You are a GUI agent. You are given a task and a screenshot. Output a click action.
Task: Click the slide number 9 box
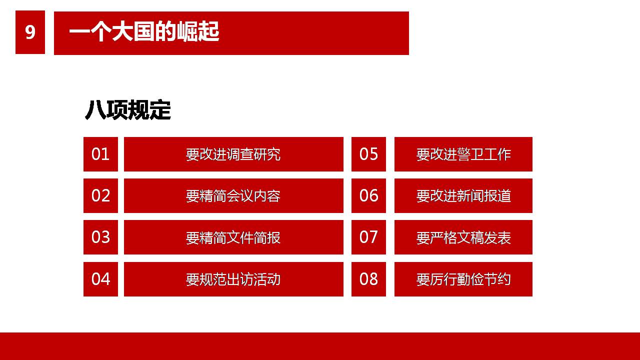pos(30,32)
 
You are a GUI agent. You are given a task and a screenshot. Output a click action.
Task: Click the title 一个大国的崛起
pos(144,31)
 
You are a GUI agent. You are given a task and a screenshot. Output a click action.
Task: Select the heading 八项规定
pos(127,109)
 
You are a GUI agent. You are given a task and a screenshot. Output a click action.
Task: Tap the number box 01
pos(100,154)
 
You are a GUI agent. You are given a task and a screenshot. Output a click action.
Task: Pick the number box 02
pos(100,195)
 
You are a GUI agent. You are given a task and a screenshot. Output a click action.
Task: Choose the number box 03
pos(100,237)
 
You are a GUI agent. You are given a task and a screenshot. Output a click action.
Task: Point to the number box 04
pos(100,279)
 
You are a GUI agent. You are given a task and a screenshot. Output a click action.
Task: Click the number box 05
pos(368,154)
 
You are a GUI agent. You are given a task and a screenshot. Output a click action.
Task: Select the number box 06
pos(368,195)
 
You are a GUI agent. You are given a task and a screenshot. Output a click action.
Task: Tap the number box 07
pos(368,237)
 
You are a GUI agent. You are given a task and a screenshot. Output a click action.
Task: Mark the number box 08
pos(368,279)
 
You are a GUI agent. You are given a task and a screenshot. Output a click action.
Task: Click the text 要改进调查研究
pos(233,154)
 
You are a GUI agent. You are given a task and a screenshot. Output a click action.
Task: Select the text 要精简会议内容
pos(233,196)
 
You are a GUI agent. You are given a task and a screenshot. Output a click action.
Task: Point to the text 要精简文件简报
pos(233,237)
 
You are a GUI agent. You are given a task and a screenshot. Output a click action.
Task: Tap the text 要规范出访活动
pos(233,279)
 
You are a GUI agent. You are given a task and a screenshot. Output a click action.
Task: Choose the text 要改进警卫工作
pos(463,154)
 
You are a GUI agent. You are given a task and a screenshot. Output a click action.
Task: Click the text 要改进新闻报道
pos(463,196)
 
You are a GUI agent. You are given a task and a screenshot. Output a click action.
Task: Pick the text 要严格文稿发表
pos(463,237)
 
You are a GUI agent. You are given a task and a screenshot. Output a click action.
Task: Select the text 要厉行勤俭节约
pos(463,279)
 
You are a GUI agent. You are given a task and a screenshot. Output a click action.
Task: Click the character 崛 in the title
pos(187,31)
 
